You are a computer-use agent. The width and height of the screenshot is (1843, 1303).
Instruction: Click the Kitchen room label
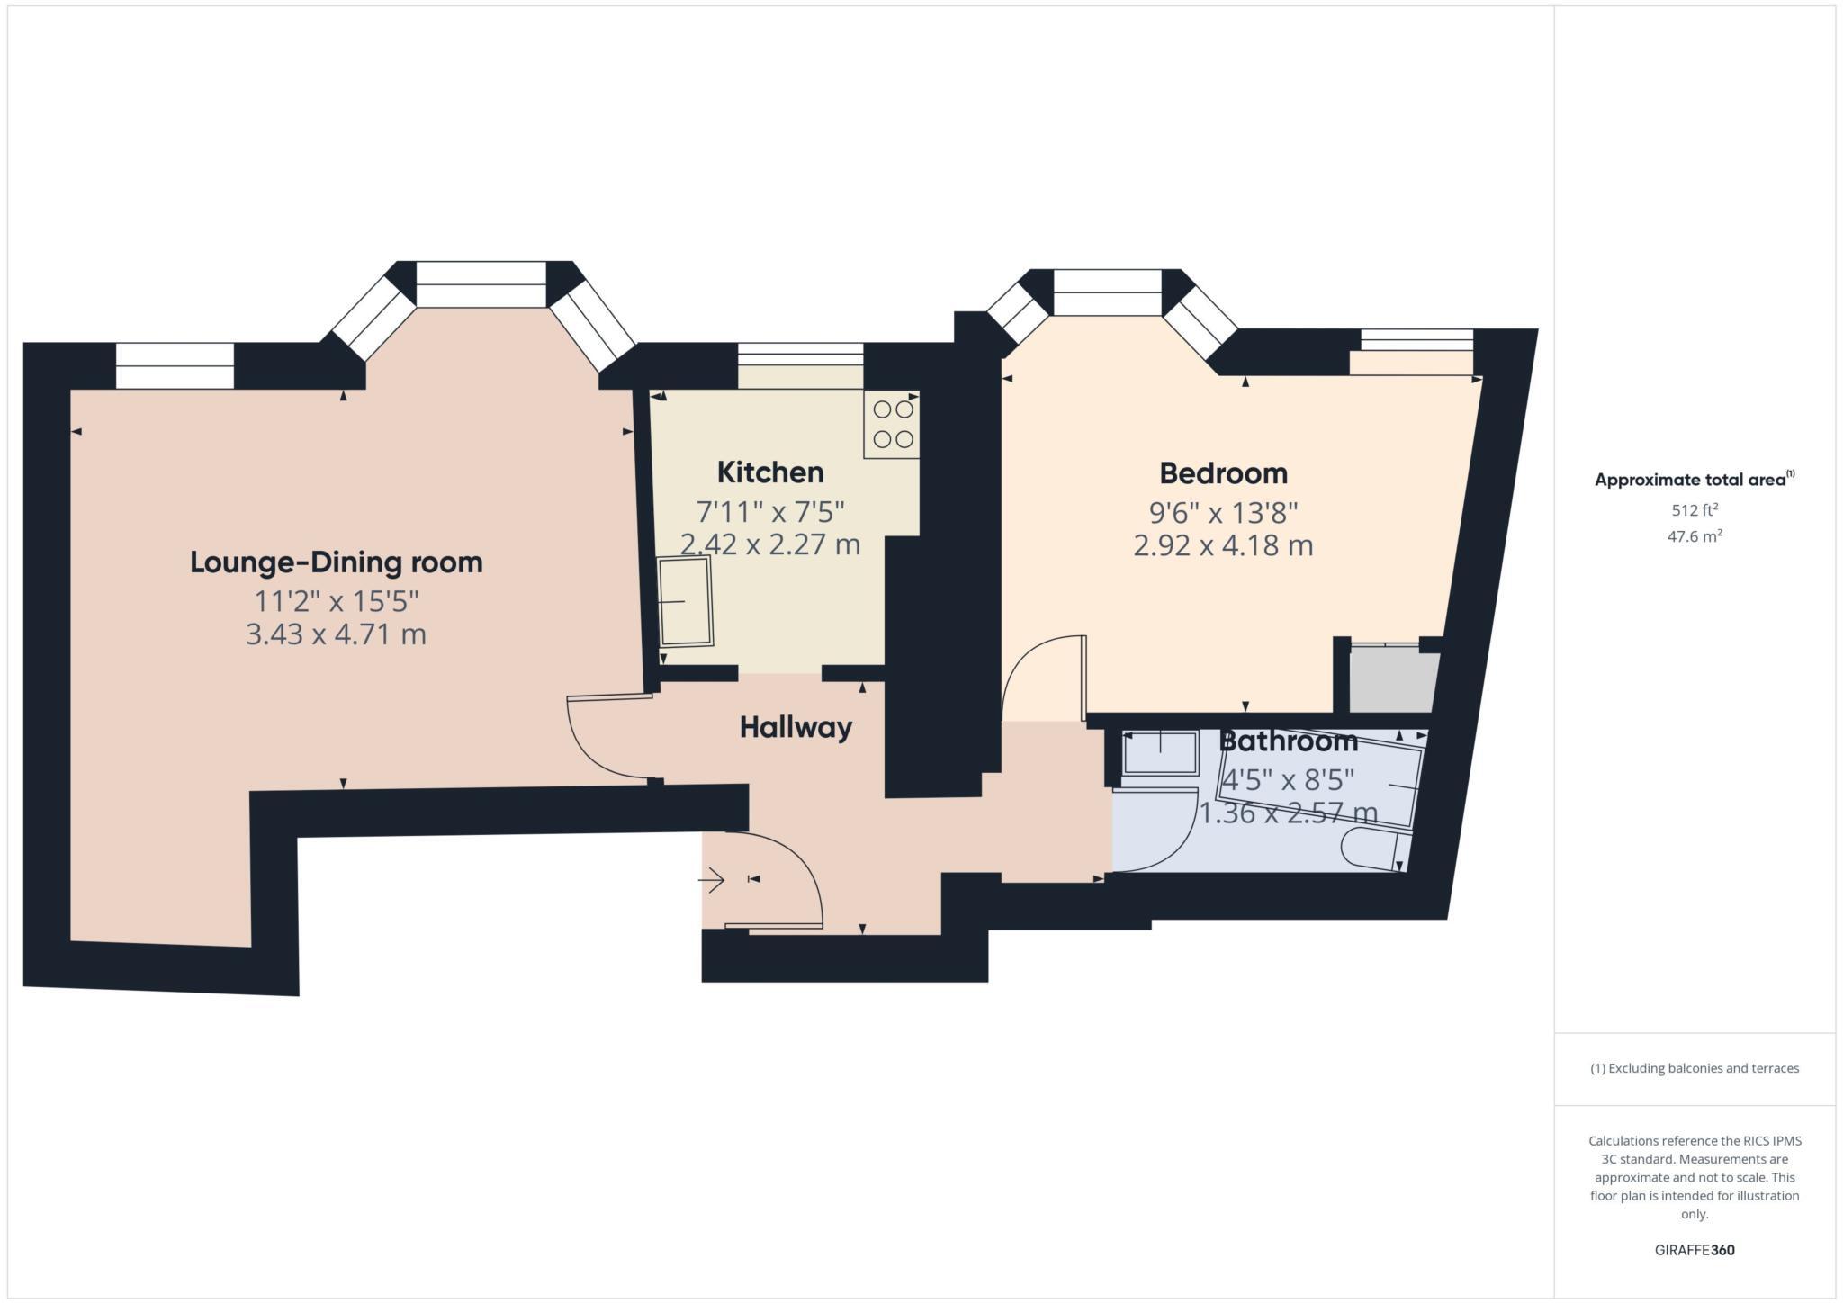(x=769, y=472)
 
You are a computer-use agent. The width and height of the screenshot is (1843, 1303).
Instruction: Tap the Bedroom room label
(x=1223, y=472)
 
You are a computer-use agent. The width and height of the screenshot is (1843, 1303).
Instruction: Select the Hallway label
(x=796, y=727)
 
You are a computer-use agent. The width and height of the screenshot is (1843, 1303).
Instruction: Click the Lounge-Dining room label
(x=336, y=562)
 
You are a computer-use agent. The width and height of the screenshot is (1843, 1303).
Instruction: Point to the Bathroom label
(x=1288, y=741)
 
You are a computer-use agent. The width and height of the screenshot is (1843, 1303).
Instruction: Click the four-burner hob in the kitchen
(x=893, y=424)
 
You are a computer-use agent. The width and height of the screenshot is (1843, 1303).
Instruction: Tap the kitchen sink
(x=686, y=600)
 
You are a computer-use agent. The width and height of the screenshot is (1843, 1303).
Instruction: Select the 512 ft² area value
(x=1695, y=510)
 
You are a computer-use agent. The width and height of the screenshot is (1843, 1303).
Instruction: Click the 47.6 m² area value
(x=1695, y=536)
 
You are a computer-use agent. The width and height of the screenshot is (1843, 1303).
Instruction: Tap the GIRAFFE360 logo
(x=1695, y=1250)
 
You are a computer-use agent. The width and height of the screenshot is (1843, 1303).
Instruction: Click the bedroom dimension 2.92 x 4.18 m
(x=1223, y=545)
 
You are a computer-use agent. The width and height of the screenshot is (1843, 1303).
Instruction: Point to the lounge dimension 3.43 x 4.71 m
(x=336, y=634)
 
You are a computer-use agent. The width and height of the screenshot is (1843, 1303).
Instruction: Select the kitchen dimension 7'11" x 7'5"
(x=770, y=512)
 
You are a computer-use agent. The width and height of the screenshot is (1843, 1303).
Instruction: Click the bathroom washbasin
(x=1161, y=752)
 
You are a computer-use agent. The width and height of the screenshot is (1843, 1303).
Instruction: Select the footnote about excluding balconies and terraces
(x=1695, y=1068)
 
